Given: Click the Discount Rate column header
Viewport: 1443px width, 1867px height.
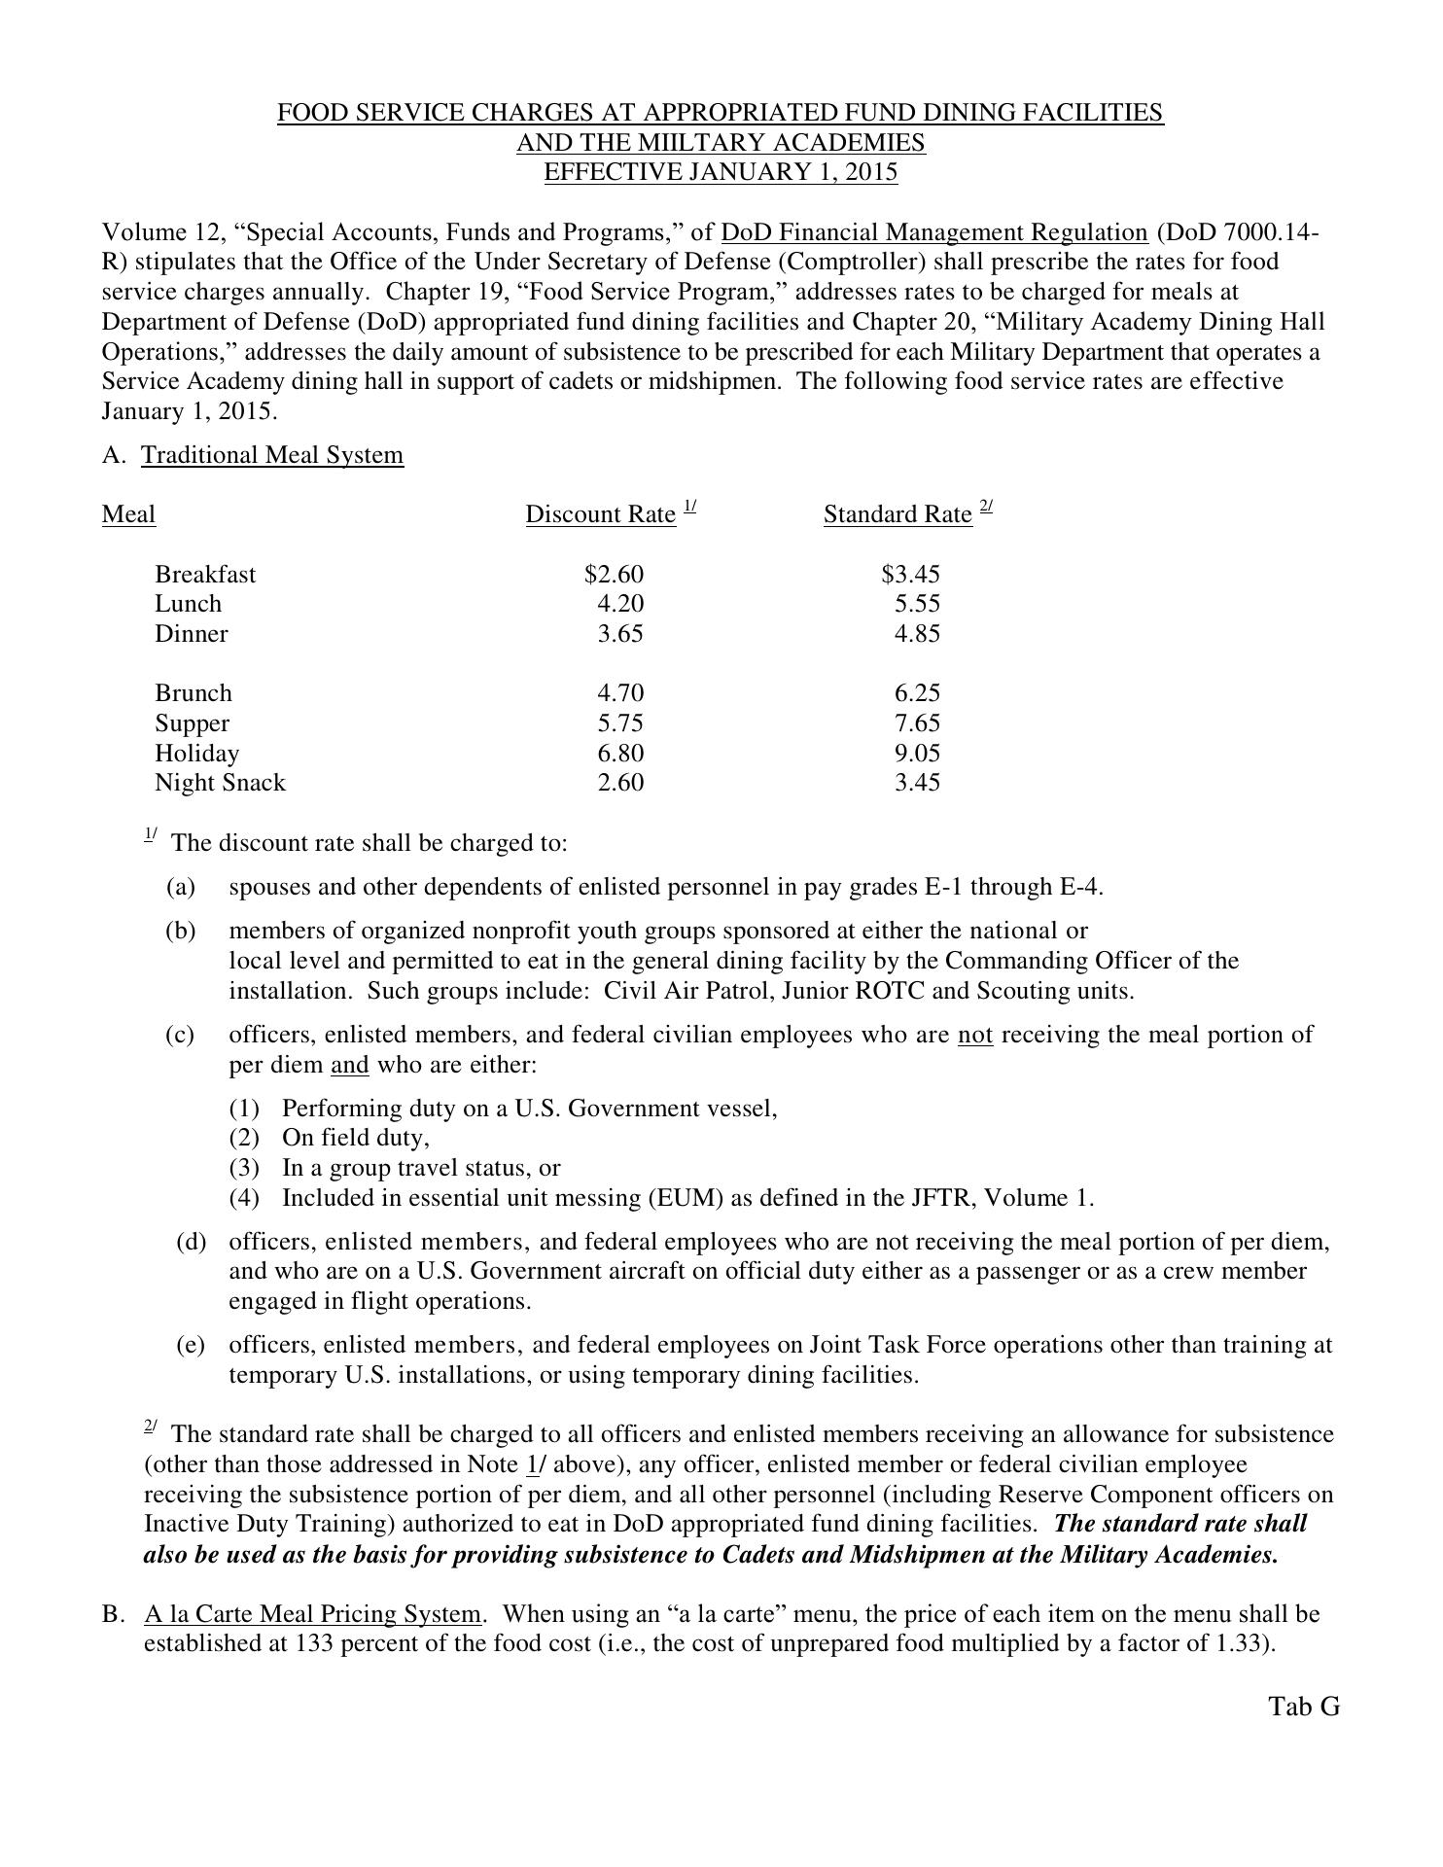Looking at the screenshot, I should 601,513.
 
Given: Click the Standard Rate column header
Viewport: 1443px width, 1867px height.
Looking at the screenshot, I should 897,513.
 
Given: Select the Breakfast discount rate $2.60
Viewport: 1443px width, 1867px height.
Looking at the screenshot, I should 614,574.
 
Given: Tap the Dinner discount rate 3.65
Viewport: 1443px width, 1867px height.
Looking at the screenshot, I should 619,634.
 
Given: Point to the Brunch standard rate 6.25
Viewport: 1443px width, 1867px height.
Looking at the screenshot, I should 917,693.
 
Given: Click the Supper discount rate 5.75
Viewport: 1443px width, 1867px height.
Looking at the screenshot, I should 619,723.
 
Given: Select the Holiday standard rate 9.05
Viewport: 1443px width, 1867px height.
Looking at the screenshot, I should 917,754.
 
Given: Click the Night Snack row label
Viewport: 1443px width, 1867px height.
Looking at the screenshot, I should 220,783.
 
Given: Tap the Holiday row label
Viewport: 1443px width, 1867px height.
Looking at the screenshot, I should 196,754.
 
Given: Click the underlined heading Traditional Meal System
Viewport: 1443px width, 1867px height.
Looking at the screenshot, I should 272,455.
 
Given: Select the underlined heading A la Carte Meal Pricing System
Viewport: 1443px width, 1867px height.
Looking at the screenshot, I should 312,1614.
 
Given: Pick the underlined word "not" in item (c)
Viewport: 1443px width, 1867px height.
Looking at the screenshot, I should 975,1035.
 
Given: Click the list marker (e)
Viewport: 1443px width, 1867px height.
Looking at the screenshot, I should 191,1345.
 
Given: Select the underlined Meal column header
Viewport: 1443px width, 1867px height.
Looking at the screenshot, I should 128,513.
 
